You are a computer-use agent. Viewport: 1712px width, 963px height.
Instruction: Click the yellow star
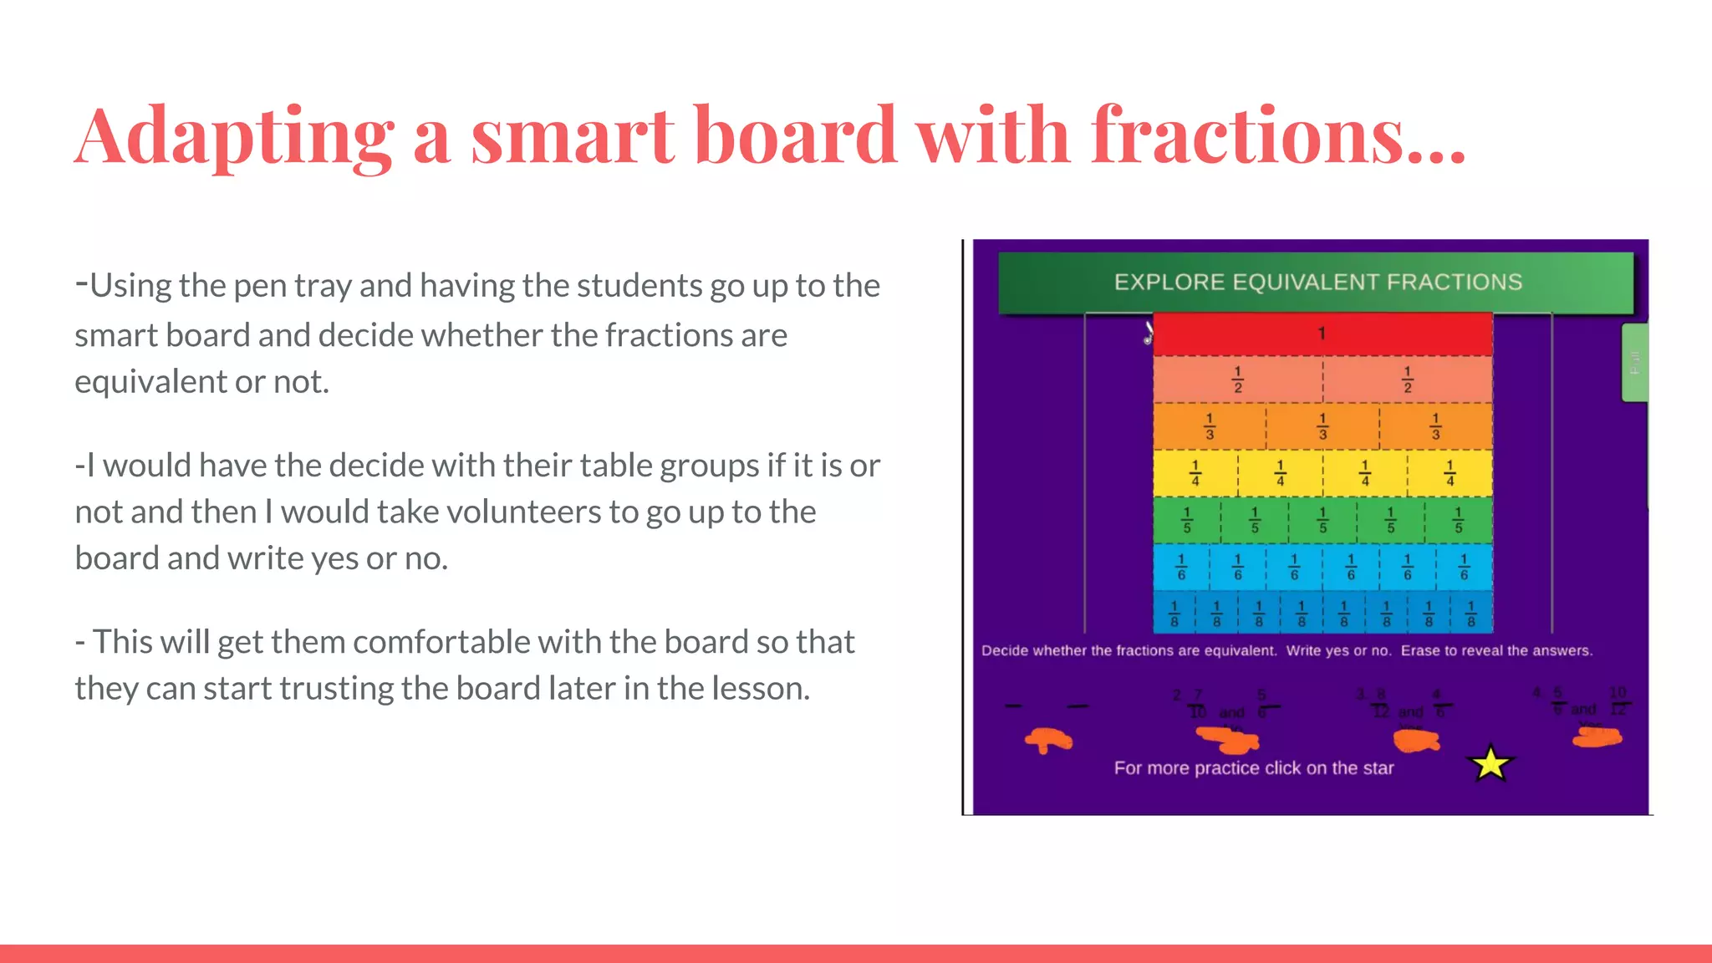click(1490, 763)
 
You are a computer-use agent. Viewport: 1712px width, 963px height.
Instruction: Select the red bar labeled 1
click(1322, 334)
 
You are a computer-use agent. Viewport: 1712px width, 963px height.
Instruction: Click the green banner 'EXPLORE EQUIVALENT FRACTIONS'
click(1317, 283)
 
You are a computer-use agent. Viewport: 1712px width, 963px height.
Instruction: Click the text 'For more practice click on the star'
click(1254, 768)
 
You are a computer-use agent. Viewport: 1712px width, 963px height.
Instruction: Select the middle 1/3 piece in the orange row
click(1322, 426)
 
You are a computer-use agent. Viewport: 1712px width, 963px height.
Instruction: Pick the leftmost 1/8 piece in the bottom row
click(1174, 614)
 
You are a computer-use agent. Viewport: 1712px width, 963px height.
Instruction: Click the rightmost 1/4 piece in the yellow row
click(1450, 473)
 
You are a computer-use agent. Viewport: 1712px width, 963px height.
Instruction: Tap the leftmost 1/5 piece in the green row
click(1187, 520)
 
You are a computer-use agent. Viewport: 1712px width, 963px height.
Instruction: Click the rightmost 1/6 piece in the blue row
click(1464, 567)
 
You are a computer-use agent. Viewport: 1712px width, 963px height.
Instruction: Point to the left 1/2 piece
click(1238, 380)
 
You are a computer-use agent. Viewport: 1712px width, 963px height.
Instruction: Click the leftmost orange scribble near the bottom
click(1047, 740)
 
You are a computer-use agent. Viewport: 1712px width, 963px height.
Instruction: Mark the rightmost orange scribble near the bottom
click(1597, 737)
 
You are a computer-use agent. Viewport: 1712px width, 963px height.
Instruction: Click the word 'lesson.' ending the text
click(761, 689)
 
